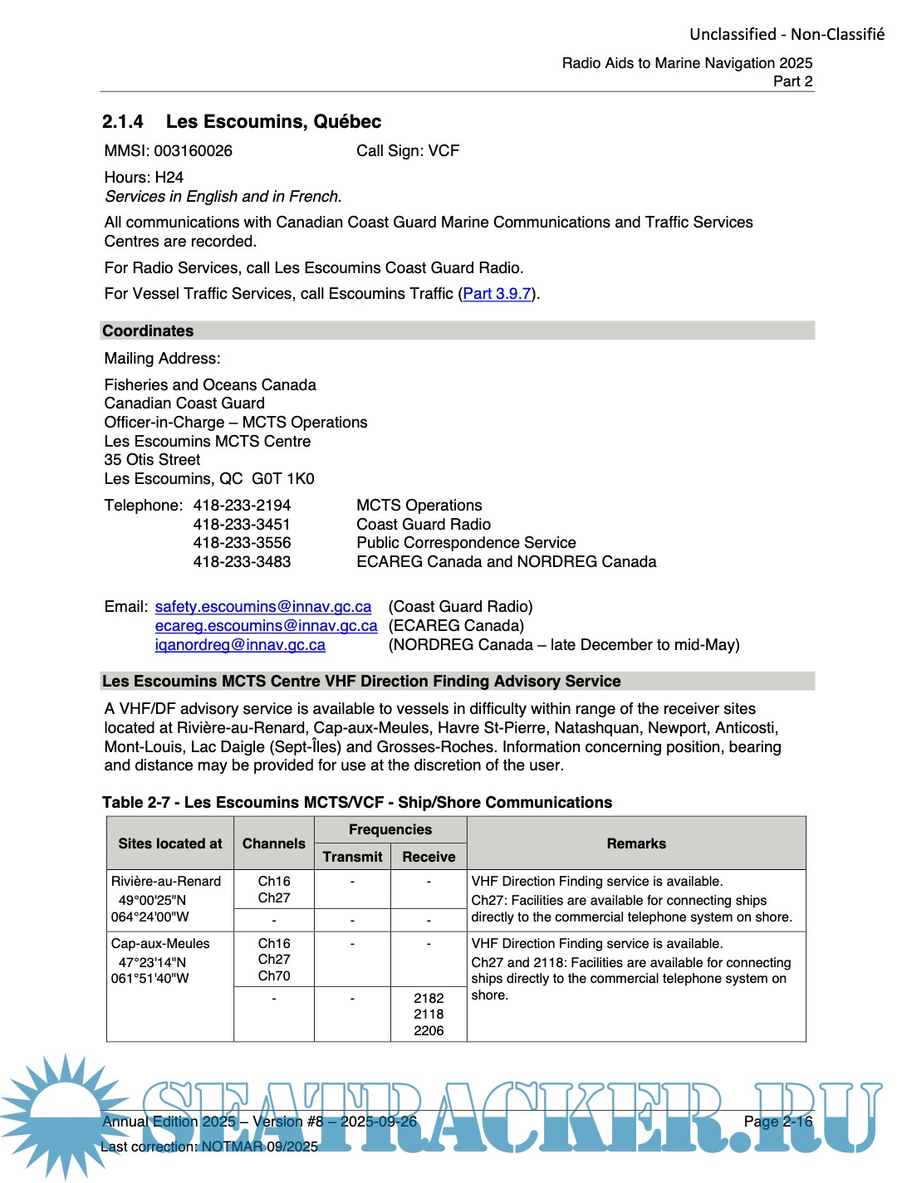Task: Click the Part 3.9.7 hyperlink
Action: click(497, 294)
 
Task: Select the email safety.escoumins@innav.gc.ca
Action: click(263, 607)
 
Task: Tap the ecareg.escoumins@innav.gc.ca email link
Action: click(266, 626)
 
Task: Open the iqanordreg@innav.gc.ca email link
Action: click(240, 645)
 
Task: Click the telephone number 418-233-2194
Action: click(242, 506)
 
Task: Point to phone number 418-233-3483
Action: click(242, 562)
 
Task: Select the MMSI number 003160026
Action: click(193, 151)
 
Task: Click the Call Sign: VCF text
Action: click(408, 151)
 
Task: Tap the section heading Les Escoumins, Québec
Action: click(273, 122)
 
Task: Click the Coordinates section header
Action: click(148, 331)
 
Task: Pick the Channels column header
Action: click(274, 843)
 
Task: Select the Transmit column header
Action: click(352, 857)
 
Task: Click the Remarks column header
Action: click(636, 843)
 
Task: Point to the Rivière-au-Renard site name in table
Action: click(166, 882)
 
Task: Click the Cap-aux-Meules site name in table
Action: click(160, 944)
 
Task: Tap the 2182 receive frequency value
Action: click(429, 999)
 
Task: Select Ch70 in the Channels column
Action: click(274, 976)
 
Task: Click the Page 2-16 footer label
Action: click(778, 1122)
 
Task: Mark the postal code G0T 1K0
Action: click(283, 479)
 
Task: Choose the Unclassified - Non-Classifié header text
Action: click(787, 35)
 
